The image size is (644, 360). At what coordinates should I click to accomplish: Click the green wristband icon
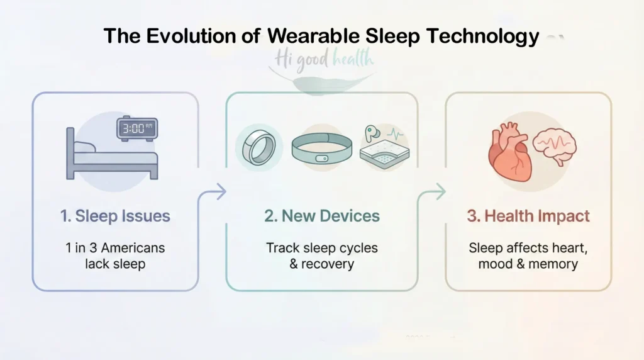click(321, 149)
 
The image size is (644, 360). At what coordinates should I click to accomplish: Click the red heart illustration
click(509, 153)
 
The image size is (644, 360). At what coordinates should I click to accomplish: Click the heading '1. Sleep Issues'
click(115, 217)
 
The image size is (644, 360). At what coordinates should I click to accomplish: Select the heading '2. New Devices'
click(322, 217)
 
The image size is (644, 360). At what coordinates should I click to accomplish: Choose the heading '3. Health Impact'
click(528, 217)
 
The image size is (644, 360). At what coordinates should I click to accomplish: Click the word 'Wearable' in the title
click(316, 37)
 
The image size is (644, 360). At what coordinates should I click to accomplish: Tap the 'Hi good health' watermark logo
click(324, 60)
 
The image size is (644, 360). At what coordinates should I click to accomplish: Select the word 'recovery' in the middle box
click(329, 264)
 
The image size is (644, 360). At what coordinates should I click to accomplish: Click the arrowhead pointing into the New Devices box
click(221, 192)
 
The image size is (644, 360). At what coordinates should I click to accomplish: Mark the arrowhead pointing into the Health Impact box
click(440, 192)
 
